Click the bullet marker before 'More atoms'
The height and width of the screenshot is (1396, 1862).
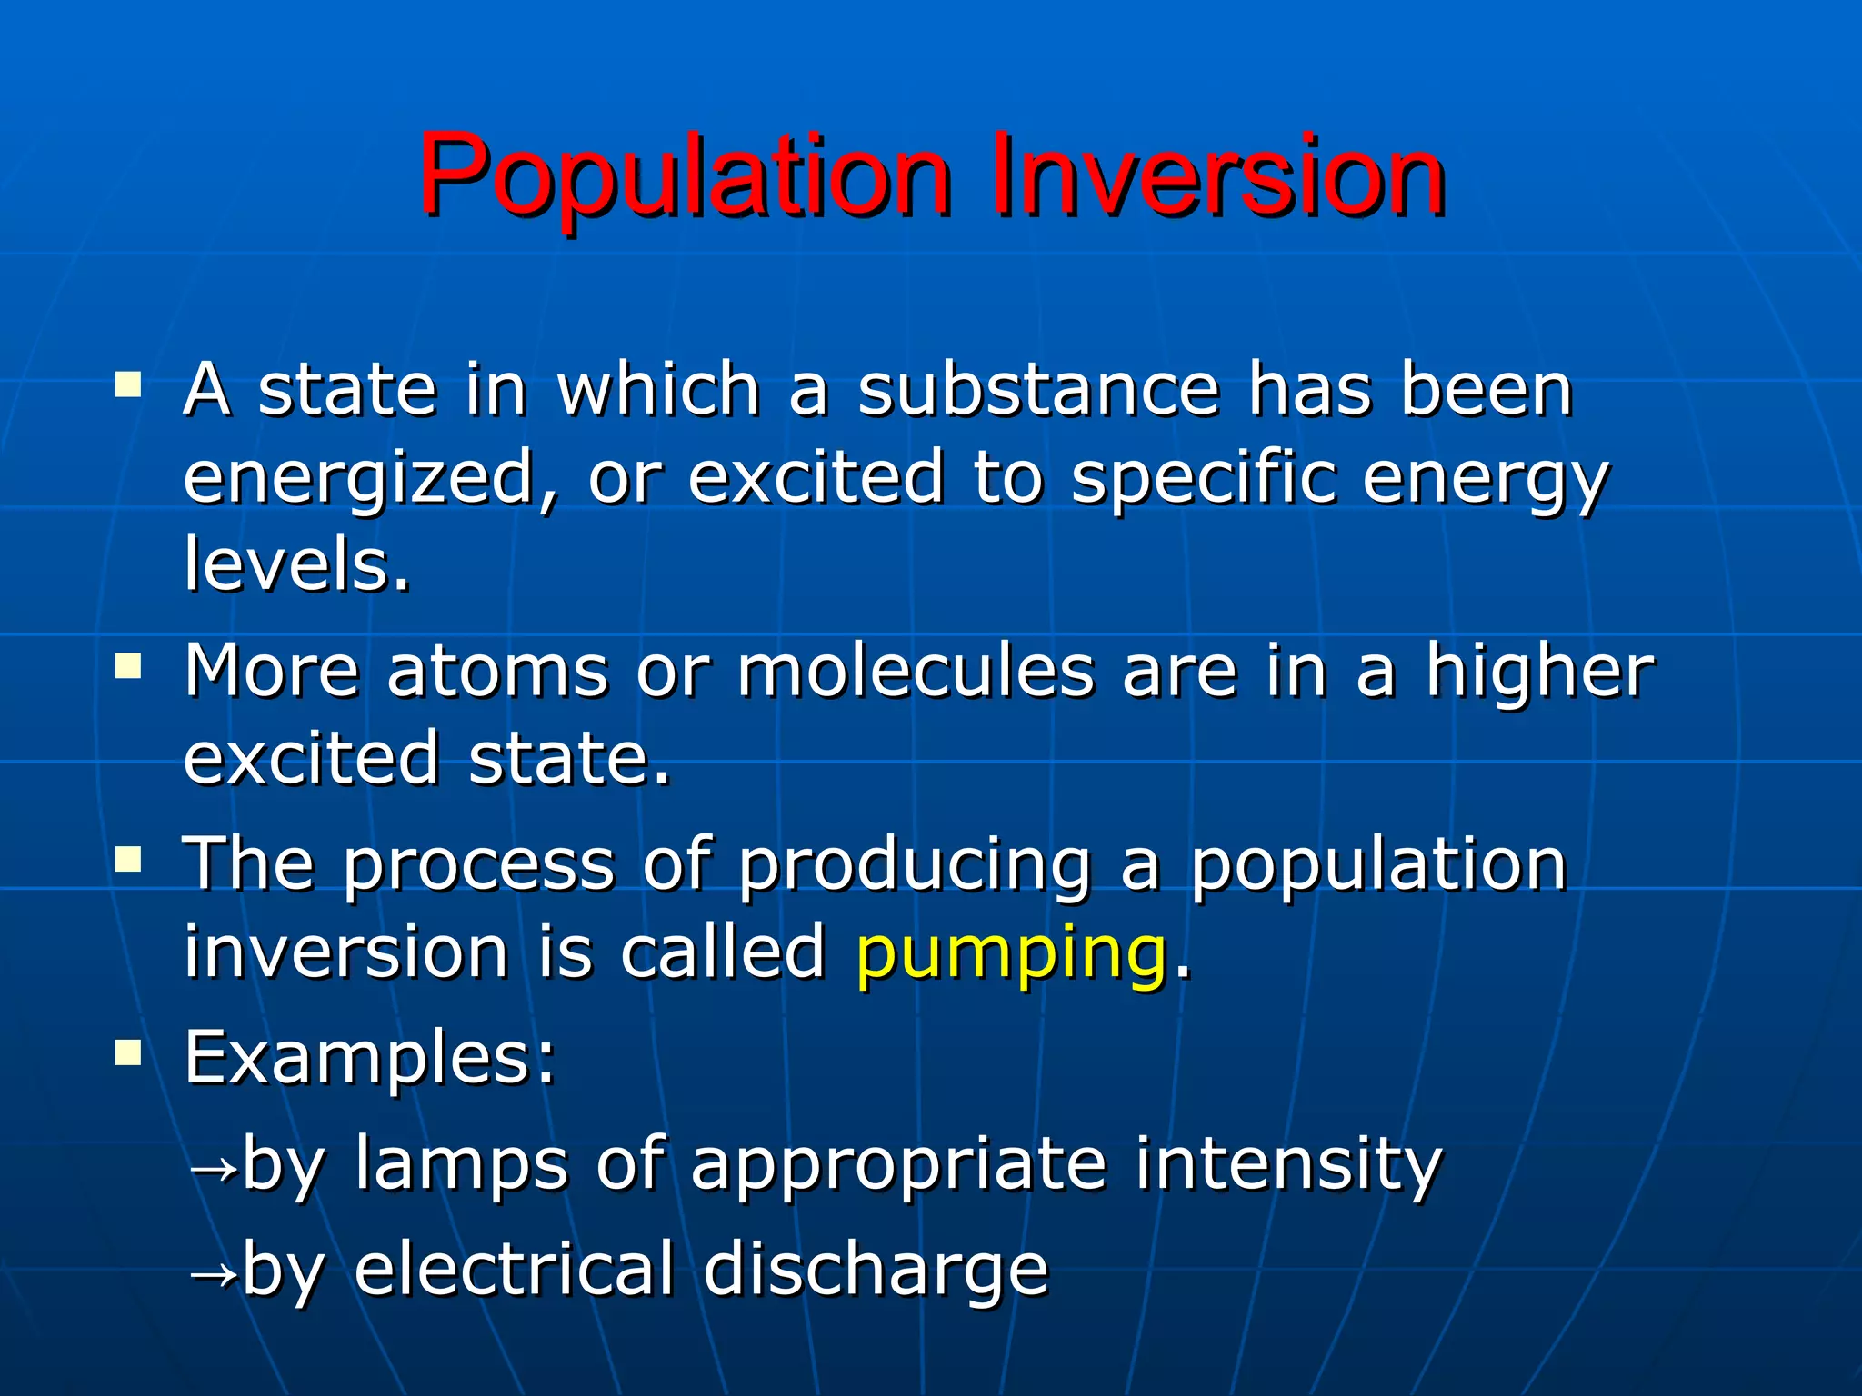[128, 667]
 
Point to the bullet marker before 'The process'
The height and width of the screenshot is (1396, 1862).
[128, 859]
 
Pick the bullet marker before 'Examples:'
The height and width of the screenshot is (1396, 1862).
[128, 1053]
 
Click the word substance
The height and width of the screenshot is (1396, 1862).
[1037, 391]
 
